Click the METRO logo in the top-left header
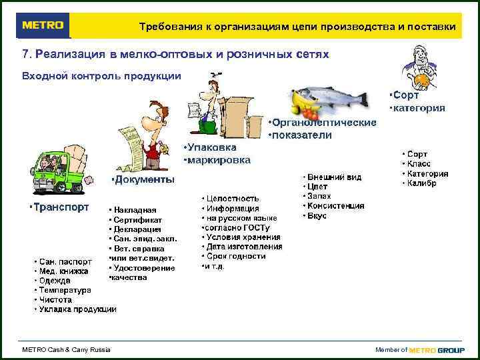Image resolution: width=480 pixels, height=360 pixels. coord(43,26)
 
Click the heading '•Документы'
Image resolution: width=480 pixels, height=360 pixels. coord(143,180)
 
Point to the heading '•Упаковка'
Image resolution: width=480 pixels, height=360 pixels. coord(209,147)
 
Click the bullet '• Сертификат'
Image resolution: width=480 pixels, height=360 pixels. coord(135,219)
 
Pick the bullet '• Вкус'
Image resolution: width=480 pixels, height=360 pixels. coord(317,216)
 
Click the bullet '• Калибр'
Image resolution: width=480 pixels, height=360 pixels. coord(420,183)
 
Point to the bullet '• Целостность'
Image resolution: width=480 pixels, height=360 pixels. coord(230,199)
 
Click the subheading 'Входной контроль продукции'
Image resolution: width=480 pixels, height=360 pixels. coord(101,75)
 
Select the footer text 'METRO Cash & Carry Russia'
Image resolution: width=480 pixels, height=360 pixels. coord(67,349)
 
